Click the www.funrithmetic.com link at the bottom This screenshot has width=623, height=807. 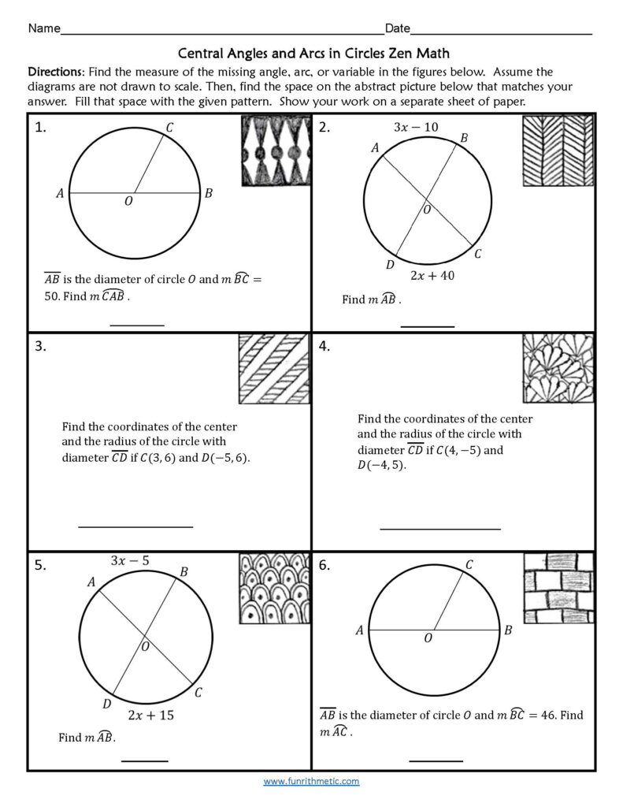311,781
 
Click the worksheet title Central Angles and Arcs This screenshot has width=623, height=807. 313,54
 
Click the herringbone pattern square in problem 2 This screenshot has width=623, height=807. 558,151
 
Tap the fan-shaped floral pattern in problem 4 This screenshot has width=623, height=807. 558,370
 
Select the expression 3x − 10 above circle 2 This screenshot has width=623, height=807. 416,127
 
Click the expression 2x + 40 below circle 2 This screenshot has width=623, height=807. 432,276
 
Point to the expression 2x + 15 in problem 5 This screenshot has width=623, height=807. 150,715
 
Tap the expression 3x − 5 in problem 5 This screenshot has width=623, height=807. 130,561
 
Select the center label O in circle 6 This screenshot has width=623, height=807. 428,638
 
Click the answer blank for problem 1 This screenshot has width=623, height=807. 137,324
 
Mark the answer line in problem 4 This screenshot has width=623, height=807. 439,529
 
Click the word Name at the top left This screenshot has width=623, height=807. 44,29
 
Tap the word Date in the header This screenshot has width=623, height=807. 397,29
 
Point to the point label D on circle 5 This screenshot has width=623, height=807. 106,703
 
